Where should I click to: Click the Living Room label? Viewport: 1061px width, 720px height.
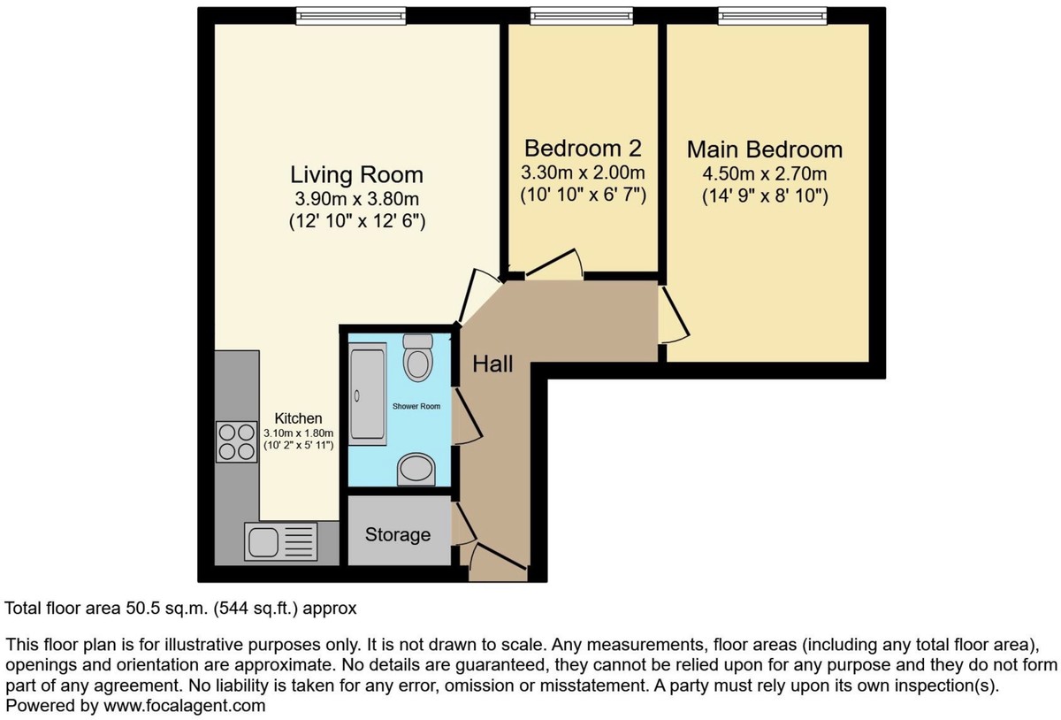pyautogui.click(x=356, y=175)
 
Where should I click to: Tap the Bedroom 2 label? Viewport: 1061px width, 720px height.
pyautogui.click(x=583, y=149)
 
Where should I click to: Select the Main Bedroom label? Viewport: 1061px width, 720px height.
pyautogui.click(x=765, y=149)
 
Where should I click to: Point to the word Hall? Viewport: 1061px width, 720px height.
pyautogui.click(x=492, y=364)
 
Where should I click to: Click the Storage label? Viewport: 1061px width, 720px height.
pyautogui.click(x=398, y=534)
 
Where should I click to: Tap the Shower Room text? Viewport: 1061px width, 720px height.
pyautogui.click(x=416, y=406)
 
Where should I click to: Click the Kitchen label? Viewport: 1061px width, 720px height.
pyautogui.click(x=299, y=418)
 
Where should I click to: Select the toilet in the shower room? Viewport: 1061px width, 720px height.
pyautogui.click(x=417, y=357)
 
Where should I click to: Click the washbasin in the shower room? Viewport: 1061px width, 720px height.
pyautogui.click(x=416, y=470)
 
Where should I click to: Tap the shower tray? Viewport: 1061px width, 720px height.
pyautogui.click(x=368, y=394)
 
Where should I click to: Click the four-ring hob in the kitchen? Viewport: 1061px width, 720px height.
pyautogui.click(x=236, y=441)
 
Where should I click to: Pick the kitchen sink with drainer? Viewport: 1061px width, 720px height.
pyautogui.click(x=281, y=541)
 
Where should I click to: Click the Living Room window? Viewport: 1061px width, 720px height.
pyautogui.click(x=351, y=16)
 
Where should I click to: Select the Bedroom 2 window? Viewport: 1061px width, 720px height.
pyautogui.click(x=582, y=16)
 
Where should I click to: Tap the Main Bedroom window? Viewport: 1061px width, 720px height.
pyautogui.click(x=773, y=16)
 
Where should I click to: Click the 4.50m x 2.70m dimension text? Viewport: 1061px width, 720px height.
pyautogui.click(x=765, y=174)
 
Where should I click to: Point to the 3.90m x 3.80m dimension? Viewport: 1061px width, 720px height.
pyautogui.click(x=356, y=199)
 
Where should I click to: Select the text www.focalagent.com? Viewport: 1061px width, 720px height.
pyautogui.click(x=185, y=706)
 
